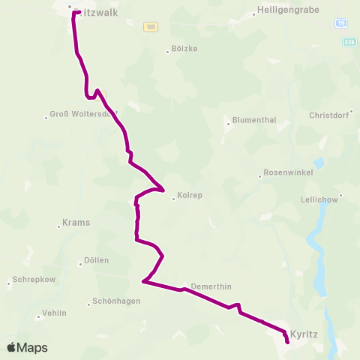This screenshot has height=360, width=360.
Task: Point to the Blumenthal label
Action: (x=255, y=119)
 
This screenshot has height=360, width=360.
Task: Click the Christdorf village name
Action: (x=330, y=115)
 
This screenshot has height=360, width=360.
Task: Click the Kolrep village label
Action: (x=187, y=196)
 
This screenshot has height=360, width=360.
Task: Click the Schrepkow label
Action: (x=31, y=282)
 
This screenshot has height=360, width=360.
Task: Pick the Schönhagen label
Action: (x=115, y=301)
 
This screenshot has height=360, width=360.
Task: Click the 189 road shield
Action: (x=150, y=26)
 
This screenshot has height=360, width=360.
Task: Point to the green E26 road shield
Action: (x=349, y=43)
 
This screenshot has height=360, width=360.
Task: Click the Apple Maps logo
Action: (x=27, y=347)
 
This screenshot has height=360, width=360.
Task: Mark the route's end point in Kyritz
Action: (x=287, y=342)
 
